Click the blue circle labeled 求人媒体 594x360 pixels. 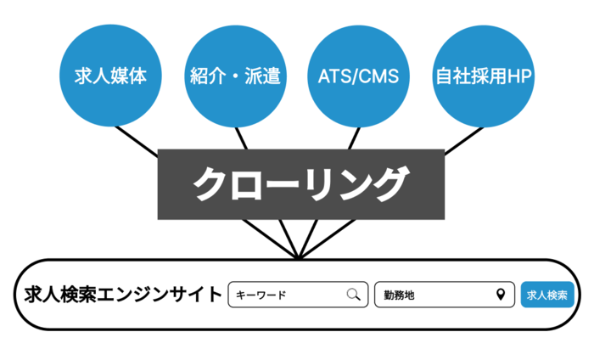(105, 76)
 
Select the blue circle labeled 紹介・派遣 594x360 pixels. (234, 76)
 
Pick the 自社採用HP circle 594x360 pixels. (484, 76)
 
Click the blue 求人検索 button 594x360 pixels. (547, 295)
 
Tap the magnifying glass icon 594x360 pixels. (353, 295)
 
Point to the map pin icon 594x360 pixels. (501, 295)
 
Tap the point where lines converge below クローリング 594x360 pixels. (299, 257)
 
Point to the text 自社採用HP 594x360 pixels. (484, 76)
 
